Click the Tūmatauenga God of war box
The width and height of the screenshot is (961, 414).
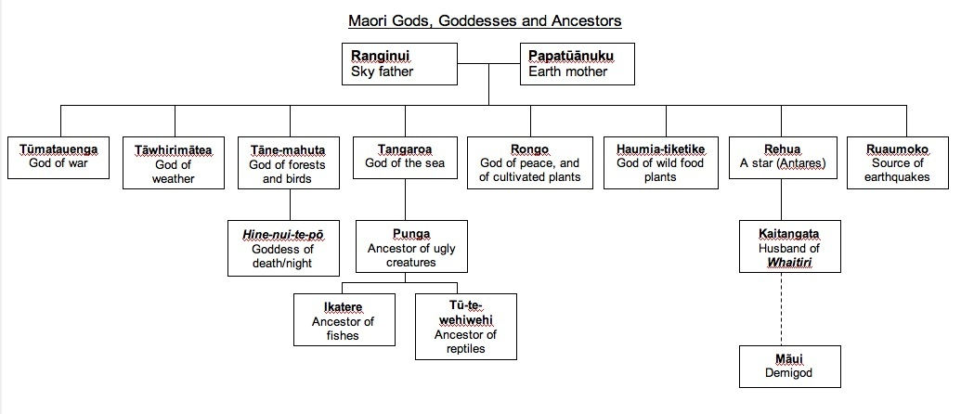pyautogui.click(x=58, y=157)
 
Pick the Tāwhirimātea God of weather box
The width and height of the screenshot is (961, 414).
pyautogui.click(x=174, y=163)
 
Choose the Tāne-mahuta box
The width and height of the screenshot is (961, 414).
pyautogui.click(x=288, y=163)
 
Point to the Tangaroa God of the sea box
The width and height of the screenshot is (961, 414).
pyautogui.click(x=405, y=157)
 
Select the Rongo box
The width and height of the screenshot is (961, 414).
pyautogui.click(x=529, y=163)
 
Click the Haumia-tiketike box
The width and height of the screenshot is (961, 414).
pyautogui.click(x=661, y=163)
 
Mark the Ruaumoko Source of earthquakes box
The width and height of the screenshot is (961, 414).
pyautogui.click(x=897, y=163)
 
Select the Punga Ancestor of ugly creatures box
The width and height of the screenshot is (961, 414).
pyautogui.click(x=411, y=248)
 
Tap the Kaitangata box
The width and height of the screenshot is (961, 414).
pyautogui.click(x=789, y=247)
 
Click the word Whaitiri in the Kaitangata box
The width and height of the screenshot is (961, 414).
pyautogui.click(x=789, y=263)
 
